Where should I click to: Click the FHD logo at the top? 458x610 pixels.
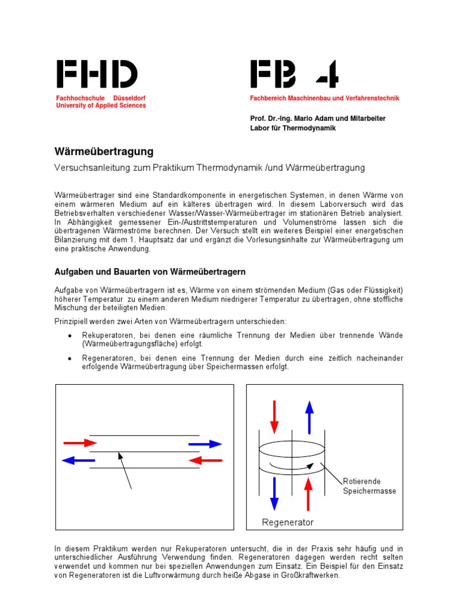tap(97, 74)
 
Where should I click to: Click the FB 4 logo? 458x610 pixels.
tap(295, 74)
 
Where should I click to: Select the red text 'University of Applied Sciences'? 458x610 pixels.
tap(101, 105)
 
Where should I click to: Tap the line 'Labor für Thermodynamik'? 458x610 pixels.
tap(293, 128)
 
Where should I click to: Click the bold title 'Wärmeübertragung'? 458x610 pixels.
tap(104, 152)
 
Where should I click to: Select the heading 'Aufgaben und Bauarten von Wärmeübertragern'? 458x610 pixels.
tap(150, 272)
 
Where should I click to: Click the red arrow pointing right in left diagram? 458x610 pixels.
tap(81, 443)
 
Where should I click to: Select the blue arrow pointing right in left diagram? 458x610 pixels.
tap(205, 443)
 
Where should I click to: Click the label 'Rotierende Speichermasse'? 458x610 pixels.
tap(369, 486)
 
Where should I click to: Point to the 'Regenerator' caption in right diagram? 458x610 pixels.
tap(288, 522)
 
